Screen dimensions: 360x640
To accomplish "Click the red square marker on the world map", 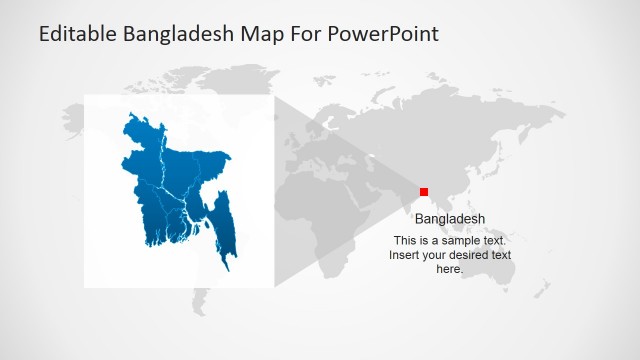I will (x=424, y=192).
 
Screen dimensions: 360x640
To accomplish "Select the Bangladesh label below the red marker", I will (x=450, y=219).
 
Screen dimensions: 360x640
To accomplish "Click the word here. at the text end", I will (x=450, y=269).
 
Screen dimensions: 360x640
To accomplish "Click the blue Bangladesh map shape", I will (x=175, y=185).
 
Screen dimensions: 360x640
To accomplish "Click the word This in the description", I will (x=405, y=241).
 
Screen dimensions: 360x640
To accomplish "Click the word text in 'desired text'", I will (x=500, y=255).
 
